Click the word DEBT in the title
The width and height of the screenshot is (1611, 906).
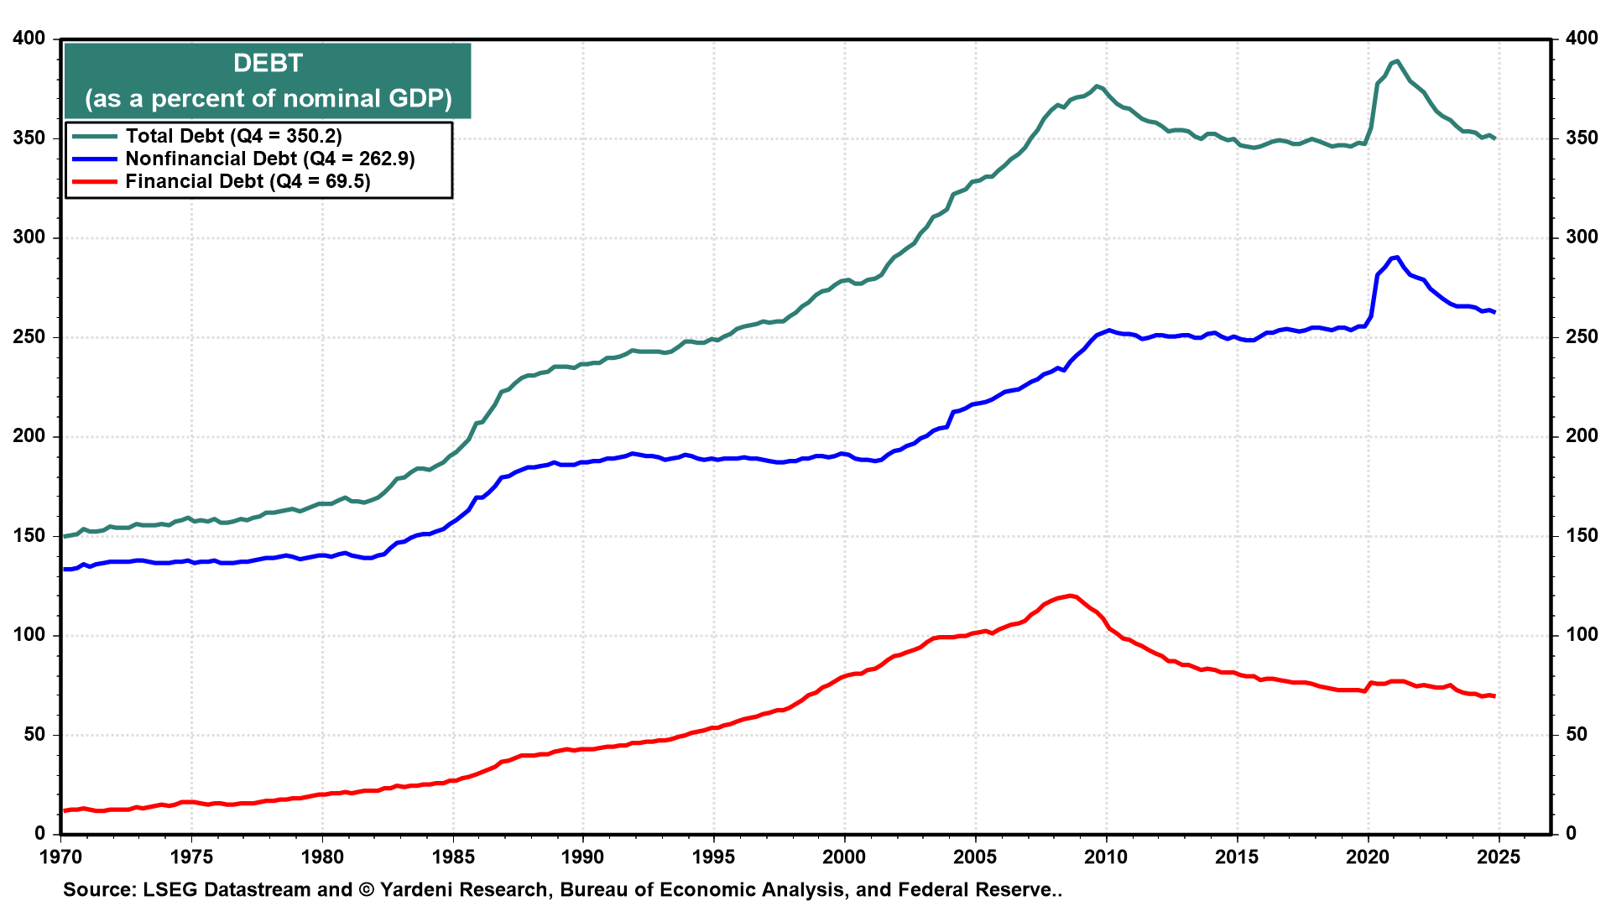point(268,64)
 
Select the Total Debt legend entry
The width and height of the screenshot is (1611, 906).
point(207,136)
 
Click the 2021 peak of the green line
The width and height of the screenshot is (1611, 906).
point(1395,60)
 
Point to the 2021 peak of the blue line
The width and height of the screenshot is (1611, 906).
point(1395,257)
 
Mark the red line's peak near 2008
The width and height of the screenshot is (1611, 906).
point(1071,596)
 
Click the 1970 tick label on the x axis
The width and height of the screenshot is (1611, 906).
point(61,857)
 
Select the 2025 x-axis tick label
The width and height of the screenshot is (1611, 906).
point(1498,857)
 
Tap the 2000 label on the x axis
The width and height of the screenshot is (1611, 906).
point(844,857)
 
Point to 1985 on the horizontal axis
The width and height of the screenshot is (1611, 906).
point(453,857)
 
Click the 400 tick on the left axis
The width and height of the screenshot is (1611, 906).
point(29,39)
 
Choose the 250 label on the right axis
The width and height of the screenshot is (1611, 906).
point(1582,337)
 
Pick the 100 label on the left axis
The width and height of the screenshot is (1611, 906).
point(29,635)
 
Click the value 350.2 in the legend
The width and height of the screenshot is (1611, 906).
point(309,136)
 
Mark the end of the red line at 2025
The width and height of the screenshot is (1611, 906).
point(1494,696)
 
